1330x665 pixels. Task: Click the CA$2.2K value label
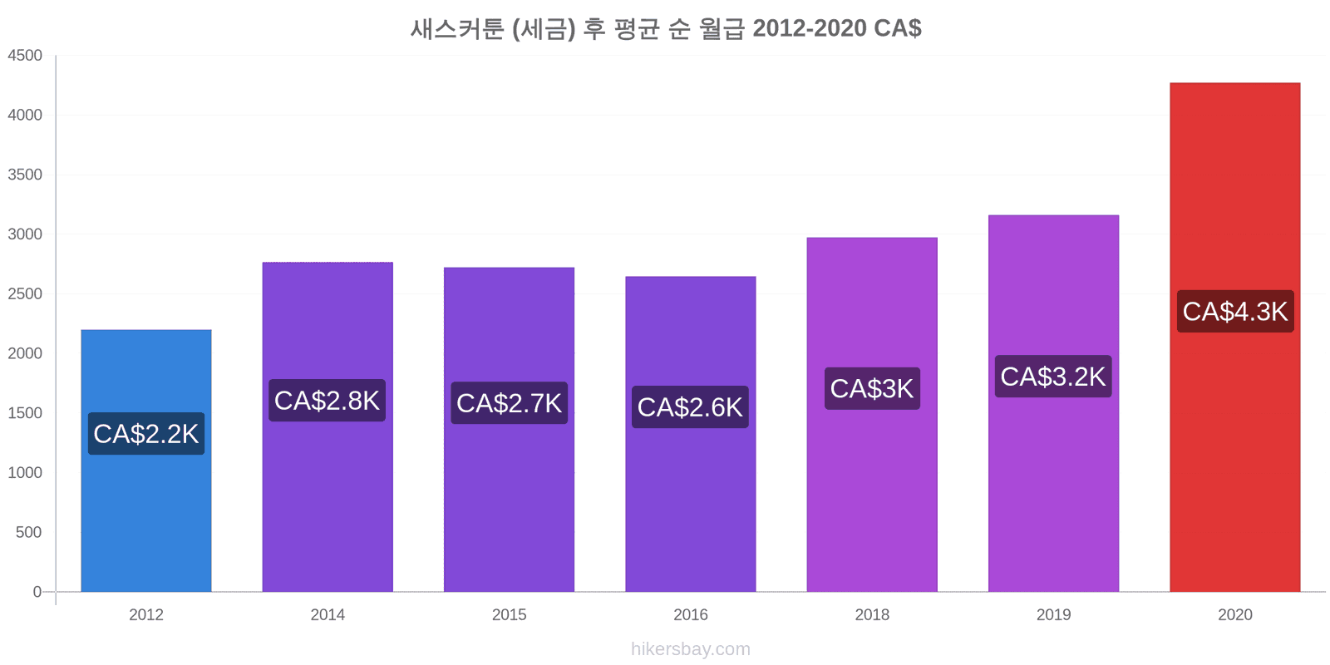[146, 434]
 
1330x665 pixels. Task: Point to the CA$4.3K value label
[1234, 312]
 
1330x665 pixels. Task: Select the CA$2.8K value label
[327, 401]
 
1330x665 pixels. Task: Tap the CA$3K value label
[871, 388]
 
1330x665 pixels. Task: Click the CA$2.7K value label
[509, 403]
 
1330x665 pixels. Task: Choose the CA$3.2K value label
[1052, 377]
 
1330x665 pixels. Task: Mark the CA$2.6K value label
[690, 407]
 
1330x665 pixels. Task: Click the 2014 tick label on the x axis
[328, 615]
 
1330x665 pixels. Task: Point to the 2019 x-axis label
[1053, 615]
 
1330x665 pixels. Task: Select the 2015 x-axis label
[509, 615]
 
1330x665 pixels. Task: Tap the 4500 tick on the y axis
[25, 56]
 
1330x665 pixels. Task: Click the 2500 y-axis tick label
[25, 294]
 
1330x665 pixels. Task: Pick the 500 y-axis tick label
[29, 532]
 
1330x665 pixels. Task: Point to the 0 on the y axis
[37, 592]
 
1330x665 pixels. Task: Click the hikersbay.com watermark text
[690, 649]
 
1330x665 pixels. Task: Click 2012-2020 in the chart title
[809, 28]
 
